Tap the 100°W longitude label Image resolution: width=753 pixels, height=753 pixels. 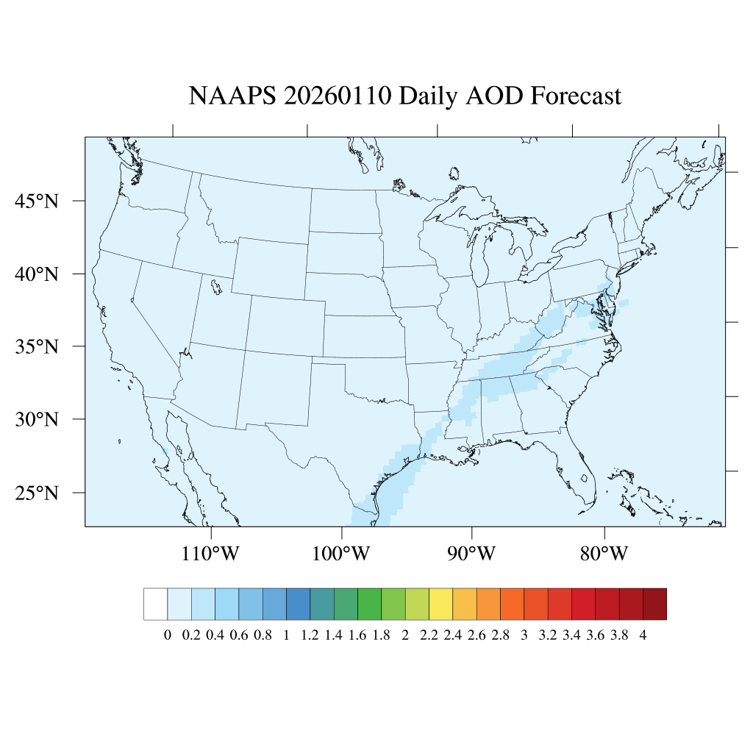(x=342, y=553)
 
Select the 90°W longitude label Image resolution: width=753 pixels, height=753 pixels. (x=472, y=553)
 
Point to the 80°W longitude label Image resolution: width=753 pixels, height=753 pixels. (x=604, y=553)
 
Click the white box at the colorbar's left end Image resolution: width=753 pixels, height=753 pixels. (x=156, y=604)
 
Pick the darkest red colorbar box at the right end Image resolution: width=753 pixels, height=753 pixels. (x=654, y=604)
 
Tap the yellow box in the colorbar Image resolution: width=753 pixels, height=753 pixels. (x=440, y=604)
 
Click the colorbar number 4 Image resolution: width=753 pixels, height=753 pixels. (x=643, y=636)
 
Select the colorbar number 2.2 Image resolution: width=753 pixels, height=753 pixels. (x=429, y=636)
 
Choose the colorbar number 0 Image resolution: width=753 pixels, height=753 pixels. (x=168, y=636)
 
